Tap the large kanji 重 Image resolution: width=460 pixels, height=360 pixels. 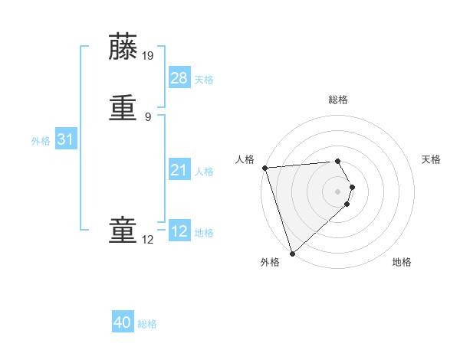(x=123, y=108)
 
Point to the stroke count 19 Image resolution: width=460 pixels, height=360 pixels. (x=149, y=55)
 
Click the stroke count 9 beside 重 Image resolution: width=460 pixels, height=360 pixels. (x=148, y=116)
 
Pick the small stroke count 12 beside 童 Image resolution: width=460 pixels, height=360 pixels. (x=148, y=240)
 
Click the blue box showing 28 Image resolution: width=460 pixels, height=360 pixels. (x=179, y=77)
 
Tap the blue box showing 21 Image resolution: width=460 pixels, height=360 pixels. (x=179, y=170)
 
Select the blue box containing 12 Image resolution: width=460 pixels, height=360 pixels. (x=179, y=231)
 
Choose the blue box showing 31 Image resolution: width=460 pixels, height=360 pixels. (x=65, y=139)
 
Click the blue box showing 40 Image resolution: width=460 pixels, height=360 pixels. (x=123, y=322)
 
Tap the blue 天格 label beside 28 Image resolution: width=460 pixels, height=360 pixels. (x=204, y=80)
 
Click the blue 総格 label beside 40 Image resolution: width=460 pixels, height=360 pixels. (x=147, y=324)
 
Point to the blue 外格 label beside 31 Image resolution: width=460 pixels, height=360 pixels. (x=41, y=141)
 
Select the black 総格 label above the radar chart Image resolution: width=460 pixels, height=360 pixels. (x=337, y=100)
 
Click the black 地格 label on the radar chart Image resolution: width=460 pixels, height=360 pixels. (x=402, y=262)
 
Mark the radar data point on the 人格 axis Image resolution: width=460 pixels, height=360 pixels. (x=264, y=168)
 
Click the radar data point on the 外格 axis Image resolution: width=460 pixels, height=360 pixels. (x=292, y=253)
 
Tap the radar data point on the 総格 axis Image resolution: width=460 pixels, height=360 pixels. (x=337, y=161)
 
